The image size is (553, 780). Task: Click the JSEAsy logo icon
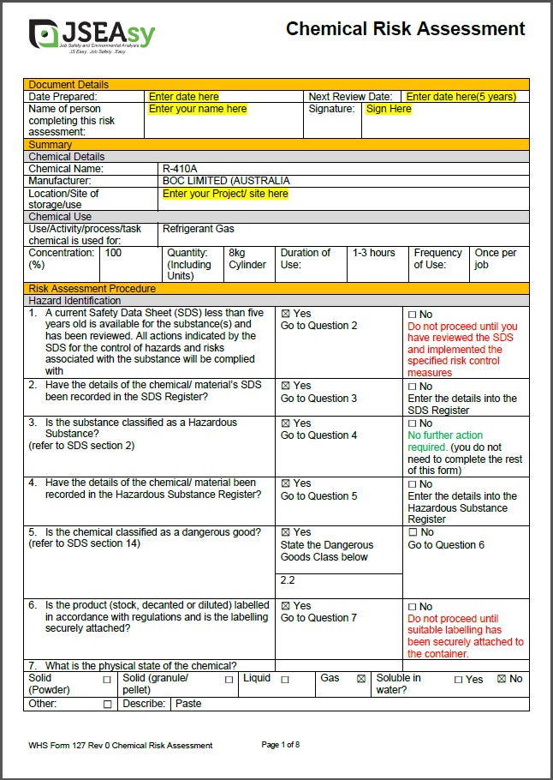pyautogui.click(x=44, y=33)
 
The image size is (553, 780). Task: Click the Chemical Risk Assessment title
pyautogui.click(x=405, y=29)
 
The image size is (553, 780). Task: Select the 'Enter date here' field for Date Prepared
pyautogui.click(x=184, y=97)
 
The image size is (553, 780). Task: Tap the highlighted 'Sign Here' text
pyautogui.click(x=389, y=109)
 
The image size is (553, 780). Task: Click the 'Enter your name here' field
pyautogui.click(x=198, y=109)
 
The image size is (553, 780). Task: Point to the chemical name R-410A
pyautogui.click(x=180, y=169)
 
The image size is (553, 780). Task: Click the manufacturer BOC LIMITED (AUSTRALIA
pyautogui.click(x=226, y=181)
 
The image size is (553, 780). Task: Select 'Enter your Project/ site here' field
pyautogui.click(x=225, y=194)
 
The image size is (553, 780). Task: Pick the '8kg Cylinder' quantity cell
pyautogui.click(x=247, y=259)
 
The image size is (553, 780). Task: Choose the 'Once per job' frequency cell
pyautogui.click(x=496, y=259)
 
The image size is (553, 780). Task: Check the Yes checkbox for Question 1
pyautogui.click(x=286, y=314)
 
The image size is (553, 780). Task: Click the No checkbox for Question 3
pyautogui.click(x=413, y=423)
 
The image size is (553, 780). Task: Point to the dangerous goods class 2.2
pyautogui.click(x=288, y=580)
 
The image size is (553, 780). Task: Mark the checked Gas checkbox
pyautogui.click(x=361, y=679)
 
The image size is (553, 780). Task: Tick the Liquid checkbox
pyautogui.click(x=285, y=679)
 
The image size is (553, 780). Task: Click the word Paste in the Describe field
pyautogui.click(x=189, y=704)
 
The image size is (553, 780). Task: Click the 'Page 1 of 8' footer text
pyautogui.click(x=280, y=745)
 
